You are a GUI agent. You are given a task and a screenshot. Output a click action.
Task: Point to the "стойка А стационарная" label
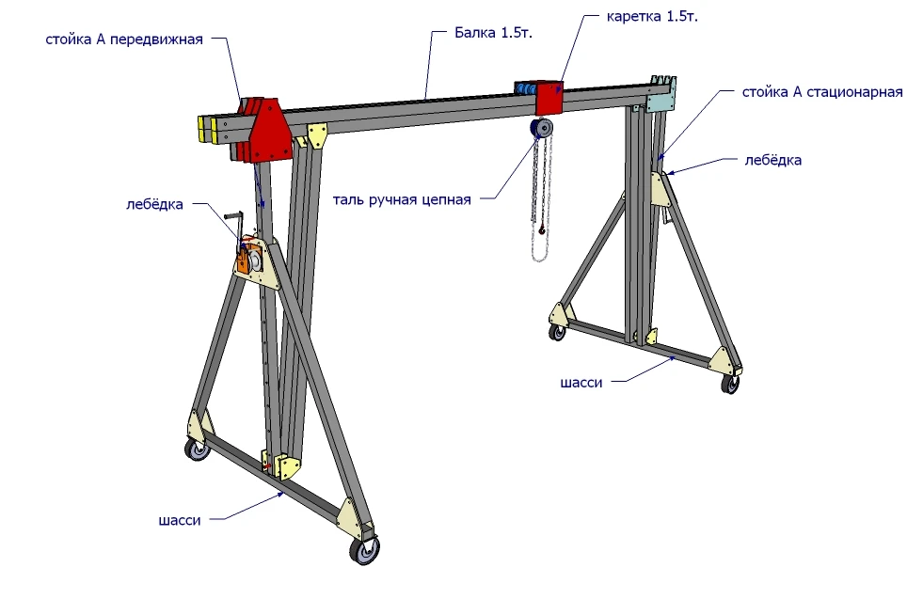pyautogui.click(x=822, y=92)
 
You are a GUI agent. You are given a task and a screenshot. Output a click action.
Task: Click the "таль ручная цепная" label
pyautogui.click(x=414, y=198)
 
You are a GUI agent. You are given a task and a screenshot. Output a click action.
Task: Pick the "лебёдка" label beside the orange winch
pyautogui.click(x=154, y=203)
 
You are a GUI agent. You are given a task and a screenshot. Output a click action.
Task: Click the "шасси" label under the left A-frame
pyautogui.click(x=180, y=518)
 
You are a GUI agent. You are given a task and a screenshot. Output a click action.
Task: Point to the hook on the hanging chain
pyautogui.click(x=543, y=227)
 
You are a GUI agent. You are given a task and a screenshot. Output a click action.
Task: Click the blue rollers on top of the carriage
pyautogui.click(x=523, y=87)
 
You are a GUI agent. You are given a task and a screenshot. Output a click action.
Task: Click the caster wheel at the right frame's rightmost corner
pyautogui.click(x=730, y=383)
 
